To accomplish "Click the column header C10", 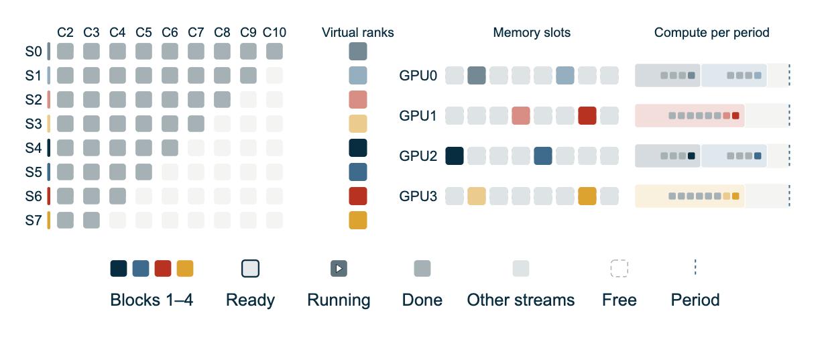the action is [274, 33].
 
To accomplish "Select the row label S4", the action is [34, 147].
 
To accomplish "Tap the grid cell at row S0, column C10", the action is [274, 51].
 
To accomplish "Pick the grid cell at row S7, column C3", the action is [92, 220].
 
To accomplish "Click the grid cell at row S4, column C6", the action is [170, 147].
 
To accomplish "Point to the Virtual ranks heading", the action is [357, 33].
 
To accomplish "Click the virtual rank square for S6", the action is [358, 196].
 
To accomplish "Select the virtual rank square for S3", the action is [358, 124].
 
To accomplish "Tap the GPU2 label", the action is [418, 156].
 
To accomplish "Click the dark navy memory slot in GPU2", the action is [455, 156].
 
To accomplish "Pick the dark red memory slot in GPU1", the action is [587, 115].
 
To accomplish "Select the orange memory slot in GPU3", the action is [587, 196].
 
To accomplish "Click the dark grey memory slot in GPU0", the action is [477, 76].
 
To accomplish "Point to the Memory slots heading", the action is [532, 33].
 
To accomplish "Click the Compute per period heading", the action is [712, 33].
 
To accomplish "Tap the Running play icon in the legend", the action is [339, 269].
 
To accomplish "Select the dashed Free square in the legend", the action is [619, 269].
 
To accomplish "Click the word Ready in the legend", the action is [251, 300].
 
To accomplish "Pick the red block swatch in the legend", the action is [163, 269].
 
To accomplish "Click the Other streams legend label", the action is [521, 300].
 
